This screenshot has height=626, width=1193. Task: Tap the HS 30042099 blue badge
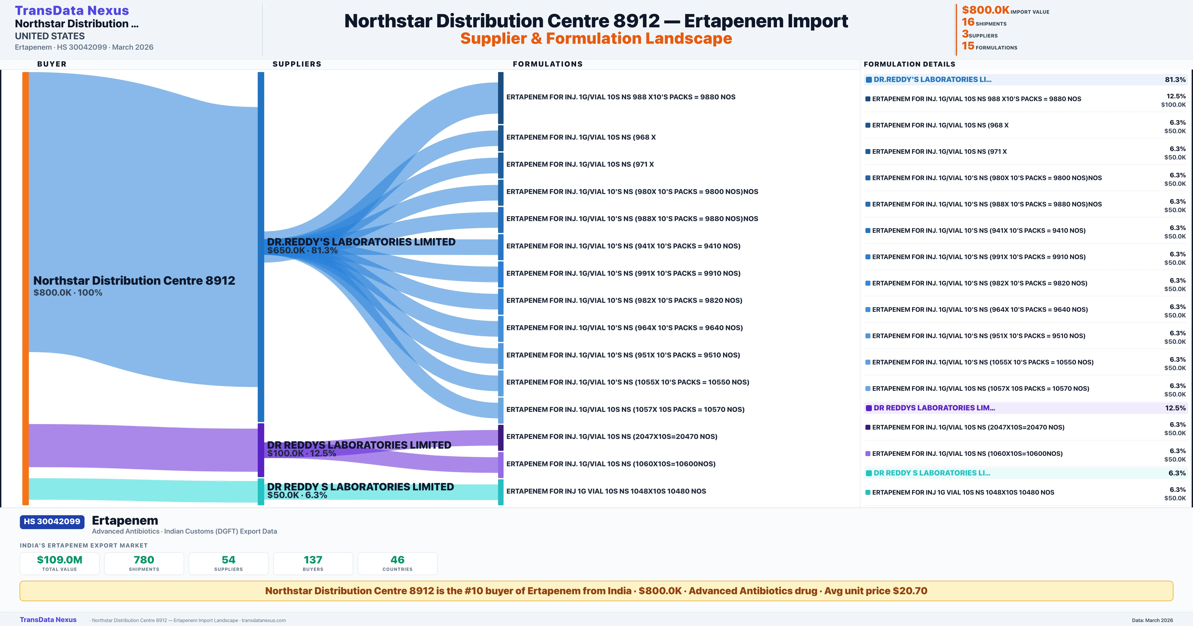pos(52,521)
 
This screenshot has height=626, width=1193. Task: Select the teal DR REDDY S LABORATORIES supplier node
pos(261,492)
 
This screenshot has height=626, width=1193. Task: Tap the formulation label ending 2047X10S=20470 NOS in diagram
pos(611,437)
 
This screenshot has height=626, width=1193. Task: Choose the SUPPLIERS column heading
pos(297,64)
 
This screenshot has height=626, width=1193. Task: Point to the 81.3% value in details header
pos(1175,80)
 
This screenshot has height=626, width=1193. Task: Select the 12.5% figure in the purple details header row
pos(1175,408)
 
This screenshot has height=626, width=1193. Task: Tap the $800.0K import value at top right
pos(985,10)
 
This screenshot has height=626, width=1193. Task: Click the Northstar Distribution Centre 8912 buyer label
pos(134,281)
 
